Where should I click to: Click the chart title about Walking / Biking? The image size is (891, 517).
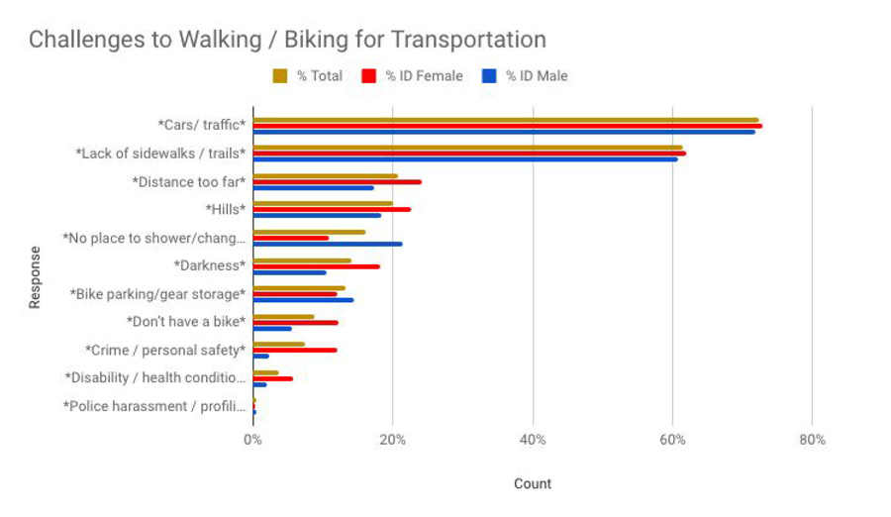click(x=287, y=41)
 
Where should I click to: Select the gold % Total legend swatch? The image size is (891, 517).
click(x=280, y=76)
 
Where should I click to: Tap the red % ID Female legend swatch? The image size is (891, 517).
click(x=369, y=76)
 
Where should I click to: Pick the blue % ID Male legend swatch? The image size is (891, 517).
click(x=489, y=76)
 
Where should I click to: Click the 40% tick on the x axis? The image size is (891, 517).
click(x=533, y=440)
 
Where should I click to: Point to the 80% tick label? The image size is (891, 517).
click(x=812, y=440)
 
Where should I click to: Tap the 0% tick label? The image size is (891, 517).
click(x=253, y=440)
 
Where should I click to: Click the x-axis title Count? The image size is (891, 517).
click(x=533, y=483)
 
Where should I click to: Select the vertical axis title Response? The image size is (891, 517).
click(x=36, y=276)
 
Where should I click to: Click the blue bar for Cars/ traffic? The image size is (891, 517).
click(x=504, y=131)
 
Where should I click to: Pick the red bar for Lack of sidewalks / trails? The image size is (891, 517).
click(x=469, y=154)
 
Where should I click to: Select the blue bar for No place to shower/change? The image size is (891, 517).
click(x=328, y=244)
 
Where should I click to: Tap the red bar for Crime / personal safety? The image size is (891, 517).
click(x=295, y=350)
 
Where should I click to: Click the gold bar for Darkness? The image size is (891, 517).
click(x=302, y=260)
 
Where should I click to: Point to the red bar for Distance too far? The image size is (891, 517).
click(x=337, y=181)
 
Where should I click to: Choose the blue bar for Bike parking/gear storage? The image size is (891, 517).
click(x=303, y=299)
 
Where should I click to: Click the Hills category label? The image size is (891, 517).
click(x=225, y=210)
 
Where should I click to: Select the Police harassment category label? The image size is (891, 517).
click(x=153, y=406)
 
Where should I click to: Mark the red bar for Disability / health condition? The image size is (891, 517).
click(x=273, y=378)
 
